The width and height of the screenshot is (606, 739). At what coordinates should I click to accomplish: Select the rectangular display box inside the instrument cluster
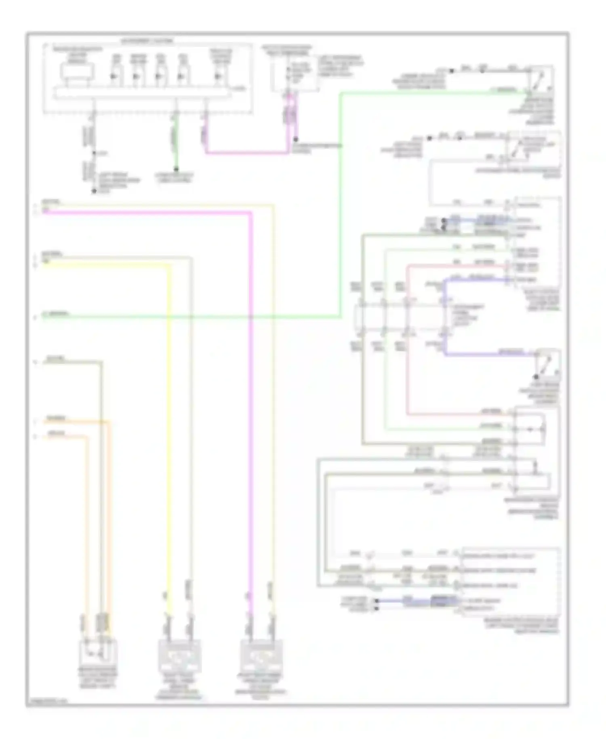click(x=77, y=72)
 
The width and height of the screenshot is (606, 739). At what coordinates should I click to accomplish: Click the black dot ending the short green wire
click(x=176, y=169)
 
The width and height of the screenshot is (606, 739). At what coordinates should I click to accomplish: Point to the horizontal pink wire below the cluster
click(x=246, y=153)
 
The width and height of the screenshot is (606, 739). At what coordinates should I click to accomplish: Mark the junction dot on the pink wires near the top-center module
click(x=296, y=139)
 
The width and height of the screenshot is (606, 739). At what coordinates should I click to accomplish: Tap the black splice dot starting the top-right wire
click(x=452, y=71)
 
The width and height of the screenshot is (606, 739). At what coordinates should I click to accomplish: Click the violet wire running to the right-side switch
click(x=485, y=355)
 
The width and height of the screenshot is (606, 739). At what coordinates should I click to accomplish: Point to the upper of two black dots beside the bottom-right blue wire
click(x=377, y=601)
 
